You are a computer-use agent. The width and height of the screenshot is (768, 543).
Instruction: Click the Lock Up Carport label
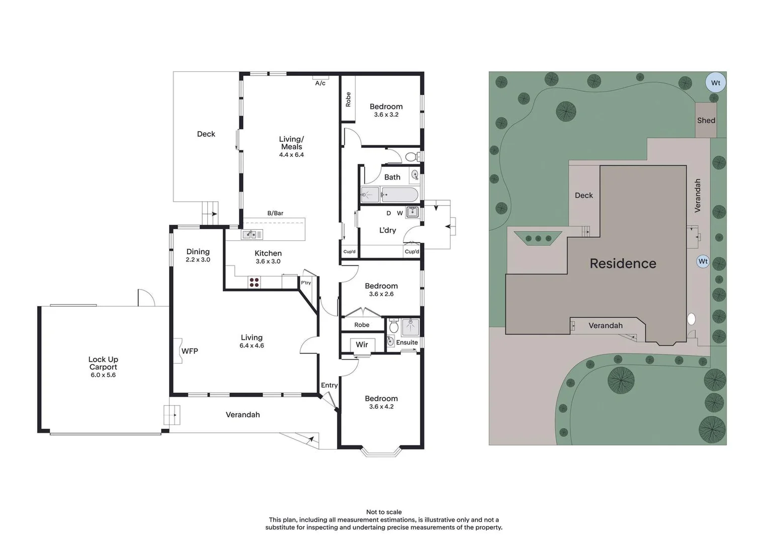(103, 363)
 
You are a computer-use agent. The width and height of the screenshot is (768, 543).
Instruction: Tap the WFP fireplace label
(190, 351)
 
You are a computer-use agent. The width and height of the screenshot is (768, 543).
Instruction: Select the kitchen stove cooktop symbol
(254, 283)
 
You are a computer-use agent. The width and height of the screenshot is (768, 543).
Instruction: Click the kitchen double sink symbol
(252, 234)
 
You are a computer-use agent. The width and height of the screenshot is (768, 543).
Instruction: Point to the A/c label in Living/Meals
(320, 83)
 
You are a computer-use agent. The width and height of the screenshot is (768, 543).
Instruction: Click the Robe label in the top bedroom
(348, 99)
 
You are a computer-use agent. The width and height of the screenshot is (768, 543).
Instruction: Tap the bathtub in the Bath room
(399, 195)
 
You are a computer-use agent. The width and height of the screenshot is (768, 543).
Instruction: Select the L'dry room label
(387, 230)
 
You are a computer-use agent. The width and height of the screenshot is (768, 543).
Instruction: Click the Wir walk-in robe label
(362, 344)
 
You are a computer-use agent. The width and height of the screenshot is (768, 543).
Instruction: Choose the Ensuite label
(407, 342)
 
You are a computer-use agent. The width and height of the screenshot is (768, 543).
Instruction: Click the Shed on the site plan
(706, 121)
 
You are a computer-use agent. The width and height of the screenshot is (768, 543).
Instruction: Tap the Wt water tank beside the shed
(715, 83)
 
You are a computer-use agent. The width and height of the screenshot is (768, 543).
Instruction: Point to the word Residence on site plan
(623, 263)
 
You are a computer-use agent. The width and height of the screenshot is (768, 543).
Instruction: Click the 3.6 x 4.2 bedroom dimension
(381, 407)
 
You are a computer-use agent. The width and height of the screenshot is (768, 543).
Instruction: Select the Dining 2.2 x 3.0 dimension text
(198, 260)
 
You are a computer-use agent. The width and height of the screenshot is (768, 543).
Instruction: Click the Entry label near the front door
(329, 385)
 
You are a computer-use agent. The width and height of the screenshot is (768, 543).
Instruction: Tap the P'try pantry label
(306, 283)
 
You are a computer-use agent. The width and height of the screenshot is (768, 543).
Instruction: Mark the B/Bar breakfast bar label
(275, 213)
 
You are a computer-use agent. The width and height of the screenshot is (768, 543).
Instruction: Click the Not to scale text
(384, 512)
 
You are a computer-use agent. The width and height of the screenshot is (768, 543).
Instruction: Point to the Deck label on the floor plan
(206, 134)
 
